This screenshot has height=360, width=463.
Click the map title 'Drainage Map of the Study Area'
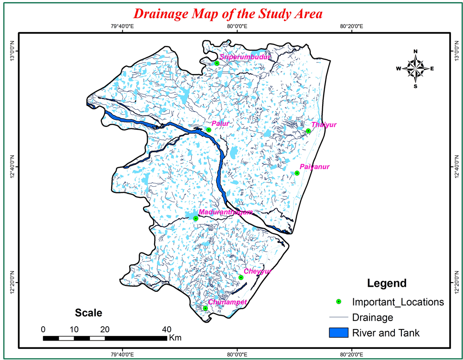pos(227,13)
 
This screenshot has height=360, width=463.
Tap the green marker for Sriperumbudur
pos(217,63)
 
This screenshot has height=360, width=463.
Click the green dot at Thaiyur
pos(308,131)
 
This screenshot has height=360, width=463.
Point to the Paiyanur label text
pos(314,166)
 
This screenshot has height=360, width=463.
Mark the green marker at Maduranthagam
pos(196,218)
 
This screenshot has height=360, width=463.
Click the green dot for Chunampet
pos(205,308)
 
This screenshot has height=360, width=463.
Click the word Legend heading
pos(387,283)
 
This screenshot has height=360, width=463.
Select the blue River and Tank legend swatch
pos(338,332)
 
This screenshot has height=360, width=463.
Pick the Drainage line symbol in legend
pos(338,317)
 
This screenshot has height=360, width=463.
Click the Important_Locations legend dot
pos(338,302)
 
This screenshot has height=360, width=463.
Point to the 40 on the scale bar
pos(166,329)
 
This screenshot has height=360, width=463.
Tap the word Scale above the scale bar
pos(88,313)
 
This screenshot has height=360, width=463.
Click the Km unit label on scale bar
pos(175,338)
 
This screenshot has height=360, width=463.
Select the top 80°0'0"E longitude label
pos(237,26)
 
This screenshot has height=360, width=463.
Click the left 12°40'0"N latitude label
pos(13,166)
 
